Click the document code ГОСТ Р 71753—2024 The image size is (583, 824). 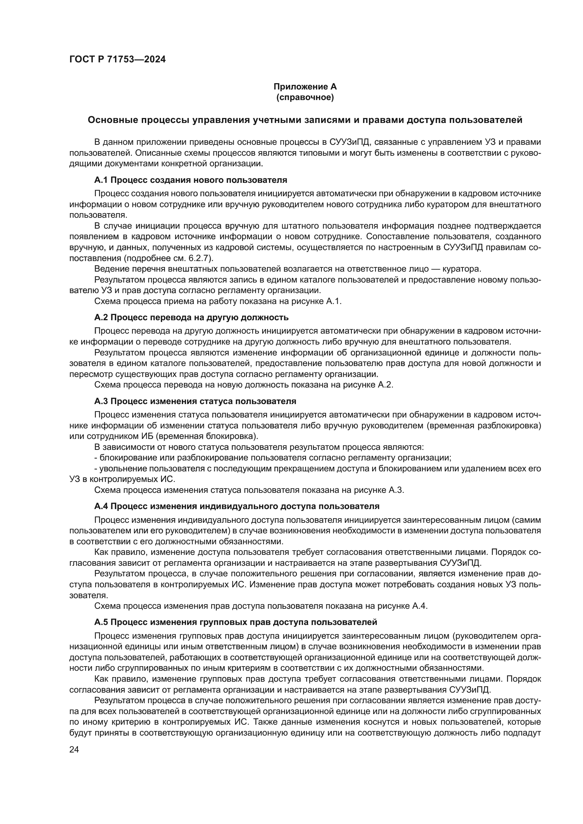117,60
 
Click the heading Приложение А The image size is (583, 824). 305,87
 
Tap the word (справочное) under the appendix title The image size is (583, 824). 305,98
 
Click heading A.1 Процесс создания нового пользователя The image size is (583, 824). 191,180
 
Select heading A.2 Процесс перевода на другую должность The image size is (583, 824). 191,317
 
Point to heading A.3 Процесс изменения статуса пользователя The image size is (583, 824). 195,401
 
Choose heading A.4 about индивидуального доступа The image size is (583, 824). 237,506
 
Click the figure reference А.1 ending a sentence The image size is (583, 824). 333,301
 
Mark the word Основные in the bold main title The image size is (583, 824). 112,120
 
